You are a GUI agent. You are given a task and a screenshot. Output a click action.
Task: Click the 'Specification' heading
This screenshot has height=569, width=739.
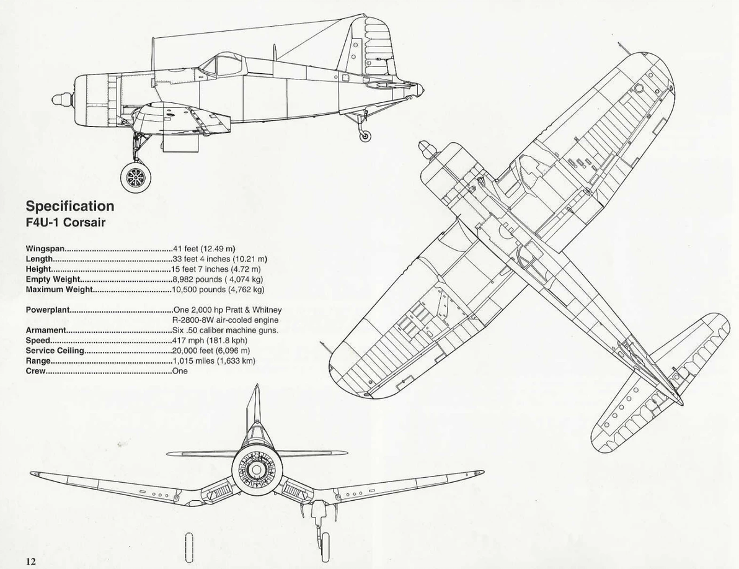click(70, 207)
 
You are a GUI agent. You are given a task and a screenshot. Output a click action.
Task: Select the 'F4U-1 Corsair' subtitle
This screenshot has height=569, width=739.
click(65, 223)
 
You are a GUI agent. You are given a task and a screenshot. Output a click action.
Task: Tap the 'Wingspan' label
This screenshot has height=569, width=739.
click(45, 249)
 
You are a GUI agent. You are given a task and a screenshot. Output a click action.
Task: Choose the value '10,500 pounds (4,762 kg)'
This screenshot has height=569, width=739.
click(218, 290)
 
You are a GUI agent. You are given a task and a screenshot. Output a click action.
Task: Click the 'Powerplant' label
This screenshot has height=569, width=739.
click(48, 310)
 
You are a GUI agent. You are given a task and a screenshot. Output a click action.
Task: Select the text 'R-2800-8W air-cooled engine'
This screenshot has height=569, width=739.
click(226, 320)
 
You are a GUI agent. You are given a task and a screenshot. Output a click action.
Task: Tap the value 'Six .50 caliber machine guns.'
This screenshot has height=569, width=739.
click(225, 330)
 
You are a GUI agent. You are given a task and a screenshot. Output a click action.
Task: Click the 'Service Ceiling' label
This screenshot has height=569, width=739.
click(55, 351)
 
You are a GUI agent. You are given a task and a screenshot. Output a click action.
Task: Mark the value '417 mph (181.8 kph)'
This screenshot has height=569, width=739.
click(210, 341)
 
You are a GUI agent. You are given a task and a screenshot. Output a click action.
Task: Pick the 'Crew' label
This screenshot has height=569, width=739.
click(35, 371)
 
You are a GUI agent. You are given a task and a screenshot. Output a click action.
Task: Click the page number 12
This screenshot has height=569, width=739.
click(30, 561)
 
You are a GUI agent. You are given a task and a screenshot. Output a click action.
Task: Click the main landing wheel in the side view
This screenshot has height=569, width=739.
click(136, 177)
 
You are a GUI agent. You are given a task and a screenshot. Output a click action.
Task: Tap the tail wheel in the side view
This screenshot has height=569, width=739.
click(365, 135)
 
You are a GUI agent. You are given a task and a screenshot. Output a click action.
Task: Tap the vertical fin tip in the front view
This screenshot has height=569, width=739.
click(257, 385)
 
